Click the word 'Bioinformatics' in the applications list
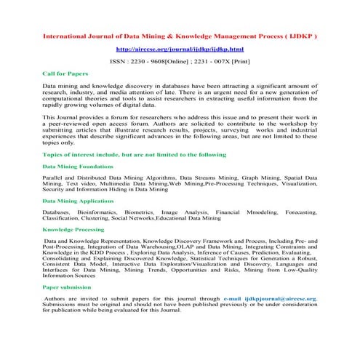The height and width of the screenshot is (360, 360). [x=98, y=212]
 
